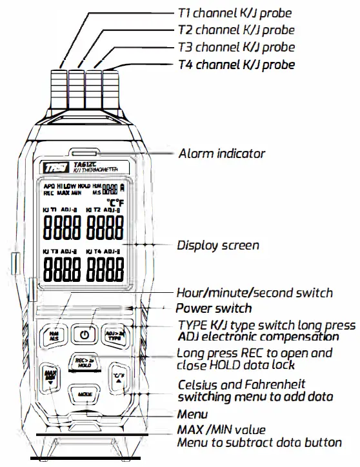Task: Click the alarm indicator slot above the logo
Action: click(85, 153)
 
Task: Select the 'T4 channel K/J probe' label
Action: click(235, 65)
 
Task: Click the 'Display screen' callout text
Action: click(218, 245)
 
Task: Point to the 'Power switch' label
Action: click(214, 308)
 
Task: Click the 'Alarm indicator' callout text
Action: click(221, 154)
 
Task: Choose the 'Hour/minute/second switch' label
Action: click(255, 292)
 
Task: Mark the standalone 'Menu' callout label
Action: click(192, 414)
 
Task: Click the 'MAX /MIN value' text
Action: click(221, 429)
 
